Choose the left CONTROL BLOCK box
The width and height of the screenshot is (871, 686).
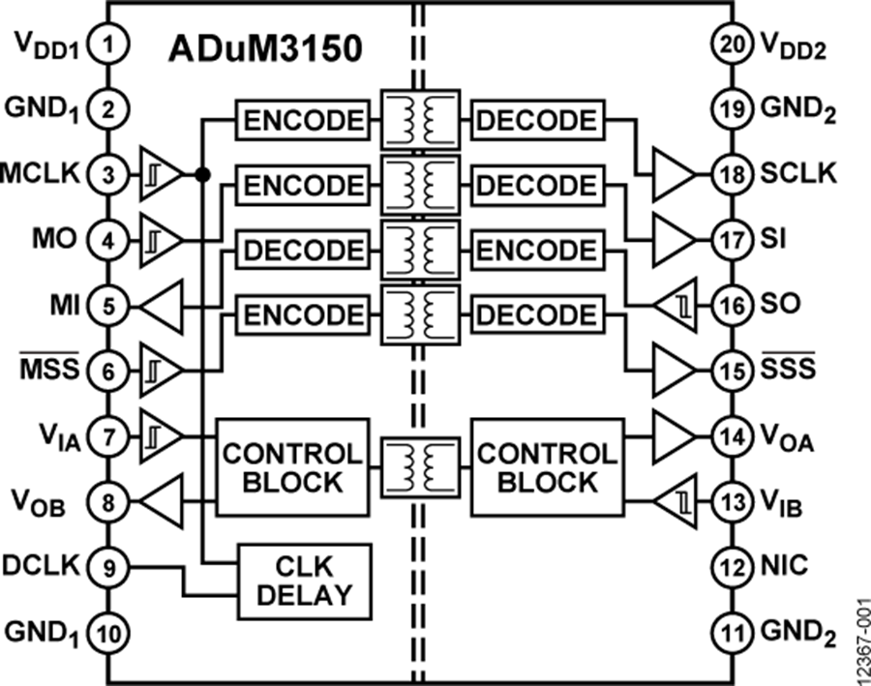[291, 466]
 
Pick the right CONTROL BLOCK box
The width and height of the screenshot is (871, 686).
[547, 466]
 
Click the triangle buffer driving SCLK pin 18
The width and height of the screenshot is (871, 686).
[675, 175]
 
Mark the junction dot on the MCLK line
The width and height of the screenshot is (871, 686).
[202, 175]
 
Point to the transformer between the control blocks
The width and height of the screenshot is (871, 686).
[420, 466]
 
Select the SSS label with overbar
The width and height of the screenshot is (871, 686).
[788, 369]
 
